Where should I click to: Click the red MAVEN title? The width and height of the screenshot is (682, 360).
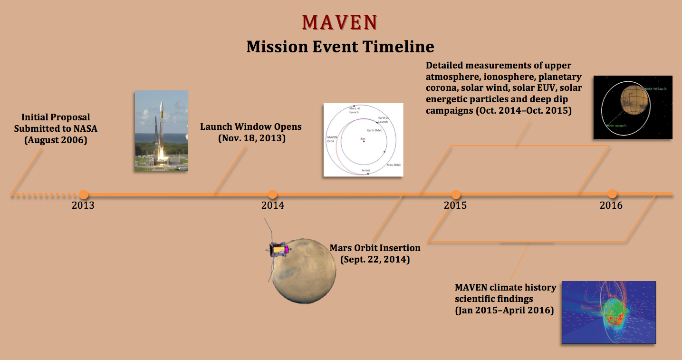coord(340,22)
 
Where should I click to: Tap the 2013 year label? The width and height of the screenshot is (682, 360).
coord(83,205)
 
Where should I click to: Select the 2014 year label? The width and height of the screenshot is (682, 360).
coord(272,205)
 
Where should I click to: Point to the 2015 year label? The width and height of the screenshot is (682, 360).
coord(455,205)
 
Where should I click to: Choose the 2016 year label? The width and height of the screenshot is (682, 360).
coord(611,205)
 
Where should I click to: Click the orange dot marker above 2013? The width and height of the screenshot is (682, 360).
coord(84,194)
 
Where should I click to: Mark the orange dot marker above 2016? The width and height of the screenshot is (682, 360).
coord(612,194)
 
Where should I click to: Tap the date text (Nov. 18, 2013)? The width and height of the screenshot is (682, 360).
coord(251,139)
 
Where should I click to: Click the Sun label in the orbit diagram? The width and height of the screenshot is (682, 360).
coord(363,138)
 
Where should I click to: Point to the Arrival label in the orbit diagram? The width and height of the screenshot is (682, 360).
coord(365,170)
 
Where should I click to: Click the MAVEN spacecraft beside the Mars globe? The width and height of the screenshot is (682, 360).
coord(279,249)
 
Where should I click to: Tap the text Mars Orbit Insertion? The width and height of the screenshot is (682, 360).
coord(375,248)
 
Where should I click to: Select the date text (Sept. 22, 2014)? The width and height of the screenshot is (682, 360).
coord(375,260)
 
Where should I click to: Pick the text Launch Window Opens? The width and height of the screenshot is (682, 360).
coord(251,127)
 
